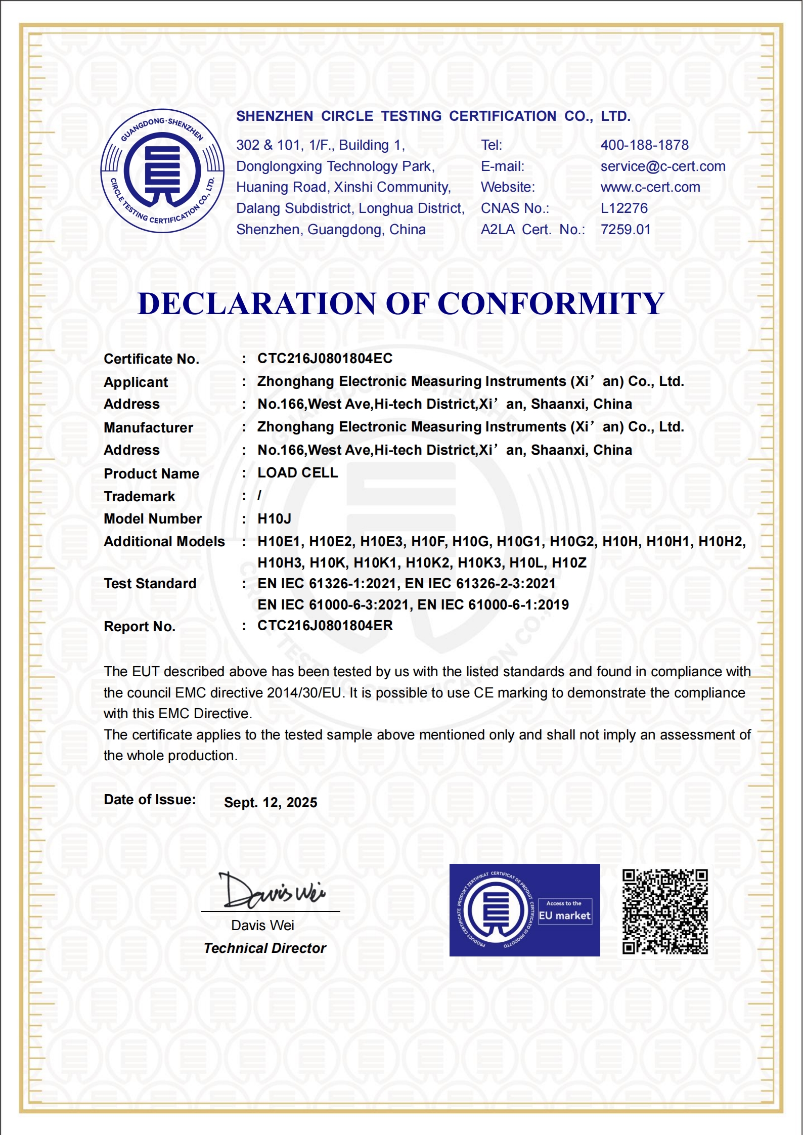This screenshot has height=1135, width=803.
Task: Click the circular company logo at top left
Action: coord(162,171)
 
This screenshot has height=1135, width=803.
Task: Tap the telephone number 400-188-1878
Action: coord(644,145)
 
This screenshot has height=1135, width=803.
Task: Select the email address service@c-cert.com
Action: coord(662,166)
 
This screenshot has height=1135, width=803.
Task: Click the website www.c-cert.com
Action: coord(650,187)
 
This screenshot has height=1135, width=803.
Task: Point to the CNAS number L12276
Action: coord(624,208)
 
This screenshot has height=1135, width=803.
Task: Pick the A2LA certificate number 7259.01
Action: coord(626,230)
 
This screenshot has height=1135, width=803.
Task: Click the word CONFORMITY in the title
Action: coord(551,304)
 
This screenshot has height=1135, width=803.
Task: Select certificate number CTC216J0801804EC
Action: coord(325,359)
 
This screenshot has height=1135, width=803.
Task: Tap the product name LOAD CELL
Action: coord(297,473)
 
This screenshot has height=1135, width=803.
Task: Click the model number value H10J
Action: coord(274,519)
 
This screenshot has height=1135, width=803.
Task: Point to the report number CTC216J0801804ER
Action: coord(325,626)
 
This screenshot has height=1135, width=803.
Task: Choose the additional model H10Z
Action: coord(569,563)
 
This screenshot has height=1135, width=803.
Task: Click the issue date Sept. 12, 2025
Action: coord(271,803)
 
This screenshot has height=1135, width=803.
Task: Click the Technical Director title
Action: coord(265,948)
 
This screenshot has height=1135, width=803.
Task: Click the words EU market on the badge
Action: coord(564,916)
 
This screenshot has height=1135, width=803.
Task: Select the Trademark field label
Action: coord(139,497)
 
